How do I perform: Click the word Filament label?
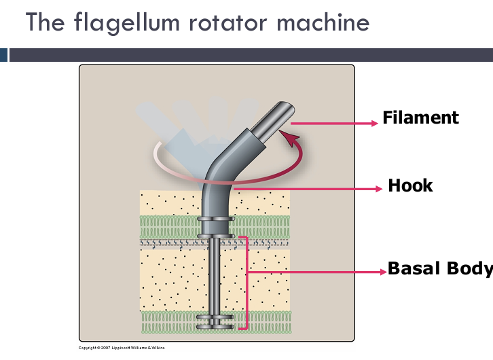(420, 118)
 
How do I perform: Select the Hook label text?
(410, 185)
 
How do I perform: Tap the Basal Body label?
(440, 268)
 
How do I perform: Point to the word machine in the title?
(325, 22)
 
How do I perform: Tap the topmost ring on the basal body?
(216, 219)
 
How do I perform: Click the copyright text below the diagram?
(122, 348)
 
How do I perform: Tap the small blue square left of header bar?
(3, 55)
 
